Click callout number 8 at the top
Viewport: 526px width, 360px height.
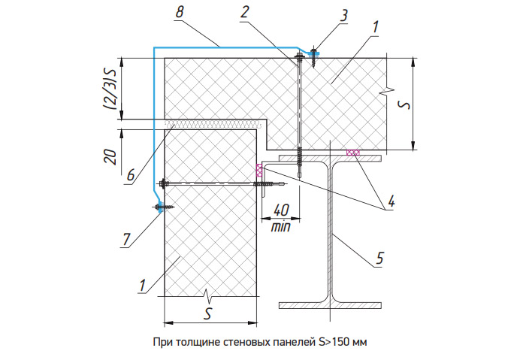(x=180, y=12)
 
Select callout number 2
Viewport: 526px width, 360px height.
(x=245, y=12)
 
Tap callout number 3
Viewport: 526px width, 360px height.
(x=344, y=16)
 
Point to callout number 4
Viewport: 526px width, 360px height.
(x=391, y=201)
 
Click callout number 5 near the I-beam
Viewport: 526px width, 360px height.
(x=379, y=258)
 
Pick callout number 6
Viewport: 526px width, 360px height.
(x=131, y=175)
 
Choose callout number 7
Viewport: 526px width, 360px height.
(x=126, y=240)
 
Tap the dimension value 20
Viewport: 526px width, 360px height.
(x=111, y=156)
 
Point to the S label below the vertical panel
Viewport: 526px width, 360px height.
(x=208, y=313)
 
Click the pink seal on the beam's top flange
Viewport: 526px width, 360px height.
(x=353, y=153)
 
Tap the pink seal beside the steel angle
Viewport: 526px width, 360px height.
(x=259, y=171)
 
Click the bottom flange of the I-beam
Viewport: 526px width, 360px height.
(x=331, y=305)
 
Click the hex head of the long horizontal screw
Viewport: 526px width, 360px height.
(x=163, y=184)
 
